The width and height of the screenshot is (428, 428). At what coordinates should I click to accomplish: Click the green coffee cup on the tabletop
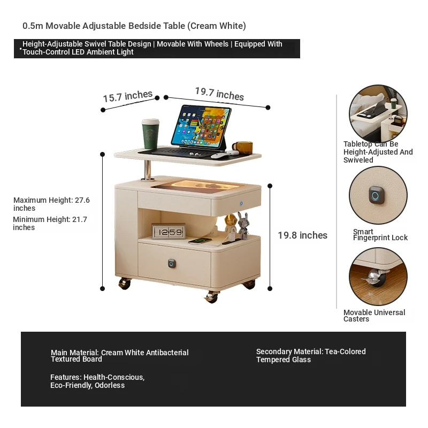point(150,134)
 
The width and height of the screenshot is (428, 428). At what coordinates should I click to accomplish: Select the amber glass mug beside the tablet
point(243,148)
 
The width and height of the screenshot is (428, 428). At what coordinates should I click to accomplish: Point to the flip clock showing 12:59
point(169,231)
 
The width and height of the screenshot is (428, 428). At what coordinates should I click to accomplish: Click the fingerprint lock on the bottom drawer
point(172,263)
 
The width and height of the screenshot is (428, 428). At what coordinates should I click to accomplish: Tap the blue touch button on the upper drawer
point(241,203)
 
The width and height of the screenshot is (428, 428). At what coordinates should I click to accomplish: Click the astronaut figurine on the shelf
point(231,224)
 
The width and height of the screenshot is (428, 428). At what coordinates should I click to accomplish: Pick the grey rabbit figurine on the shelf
point(243,225)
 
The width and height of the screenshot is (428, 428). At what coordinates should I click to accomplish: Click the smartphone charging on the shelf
point(200,240)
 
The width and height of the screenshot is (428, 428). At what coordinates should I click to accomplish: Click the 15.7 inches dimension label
point(127,96)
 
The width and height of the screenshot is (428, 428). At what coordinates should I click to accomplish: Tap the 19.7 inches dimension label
point(219,94)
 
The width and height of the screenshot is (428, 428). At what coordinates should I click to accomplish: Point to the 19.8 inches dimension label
point(302,235)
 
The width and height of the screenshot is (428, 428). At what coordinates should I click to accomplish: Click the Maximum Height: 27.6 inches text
point(51,204)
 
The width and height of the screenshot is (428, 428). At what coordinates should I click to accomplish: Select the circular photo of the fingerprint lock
point(378,195)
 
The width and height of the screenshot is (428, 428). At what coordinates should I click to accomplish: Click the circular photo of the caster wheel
point(378,276)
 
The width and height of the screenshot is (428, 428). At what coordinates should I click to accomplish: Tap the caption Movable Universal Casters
point(374,316)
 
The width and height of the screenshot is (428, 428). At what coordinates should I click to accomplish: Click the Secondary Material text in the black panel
point(311,355)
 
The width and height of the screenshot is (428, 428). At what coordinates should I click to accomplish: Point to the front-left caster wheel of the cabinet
point(125,284)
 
